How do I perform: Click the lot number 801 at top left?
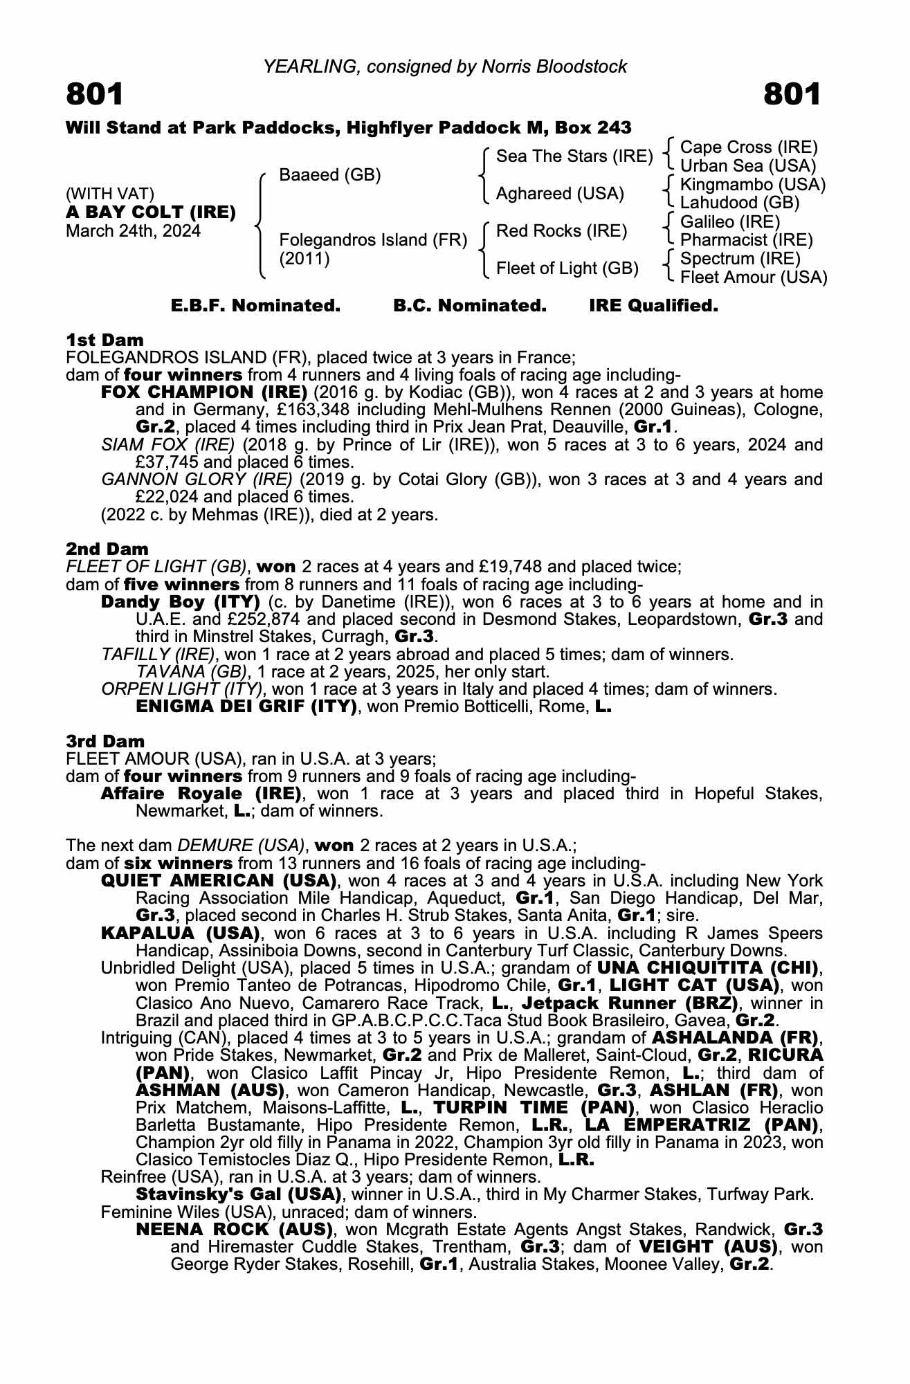pyautogui.click(x=95, y=95)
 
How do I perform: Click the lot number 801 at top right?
pyautogui.click(x=792, y=95)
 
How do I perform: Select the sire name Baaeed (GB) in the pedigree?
pyautogui.click(x=329, y=175)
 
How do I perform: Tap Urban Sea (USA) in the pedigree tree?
pyautogui.click(x=747, y=166)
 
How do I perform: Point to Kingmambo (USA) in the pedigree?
pyautogui.click(x=753, y=185)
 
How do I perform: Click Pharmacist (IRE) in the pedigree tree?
pyautogui.click(x=747, y=240)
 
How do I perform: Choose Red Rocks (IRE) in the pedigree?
pyautogui.click(x=561, y=230)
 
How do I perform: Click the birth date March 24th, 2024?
pyautogui.click(x=133, y=230)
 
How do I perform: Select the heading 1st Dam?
pyautogui.click(x=104, y=340)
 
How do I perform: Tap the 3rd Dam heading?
pyautogui.click(x=105, y=741)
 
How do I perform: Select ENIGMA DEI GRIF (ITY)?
pyautogui.click(x=246, y=707)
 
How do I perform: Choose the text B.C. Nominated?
pyautogui.click(x=470, y=306)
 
